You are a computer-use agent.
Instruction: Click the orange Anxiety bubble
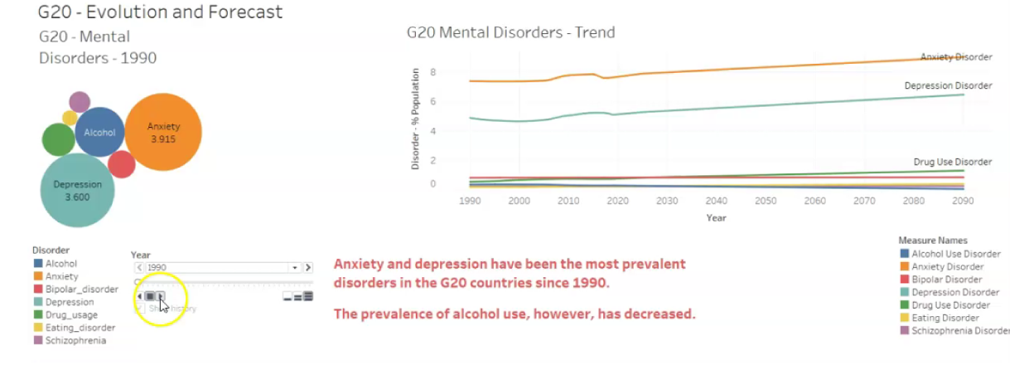(x=163, y=133)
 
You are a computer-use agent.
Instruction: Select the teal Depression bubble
(x=79, y=190)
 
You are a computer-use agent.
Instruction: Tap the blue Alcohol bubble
(x=99, y=132)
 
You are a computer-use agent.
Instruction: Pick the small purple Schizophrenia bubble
(x=80, y=102)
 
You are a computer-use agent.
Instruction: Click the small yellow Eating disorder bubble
(x=70, y=118)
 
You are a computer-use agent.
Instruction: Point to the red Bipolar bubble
(x=122, y=164)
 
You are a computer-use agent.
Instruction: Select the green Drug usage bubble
(x=58, y=140)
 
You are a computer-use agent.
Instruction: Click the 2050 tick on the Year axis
(x=766, y=202)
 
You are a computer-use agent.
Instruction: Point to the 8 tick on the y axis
(x=421, y=73)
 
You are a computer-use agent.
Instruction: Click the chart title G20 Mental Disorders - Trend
(x=510, y=33)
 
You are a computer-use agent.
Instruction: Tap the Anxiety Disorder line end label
(x=956, y=57)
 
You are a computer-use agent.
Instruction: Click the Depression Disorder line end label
(x=948, y=85)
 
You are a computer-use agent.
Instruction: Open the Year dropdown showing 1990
(x=294, y=268)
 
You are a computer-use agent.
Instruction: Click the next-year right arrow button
(x=308, y=268)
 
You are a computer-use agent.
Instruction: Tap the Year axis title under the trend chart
(x=717, y=218)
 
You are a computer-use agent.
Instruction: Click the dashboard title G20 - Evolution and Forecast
(x=160, y=12)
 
